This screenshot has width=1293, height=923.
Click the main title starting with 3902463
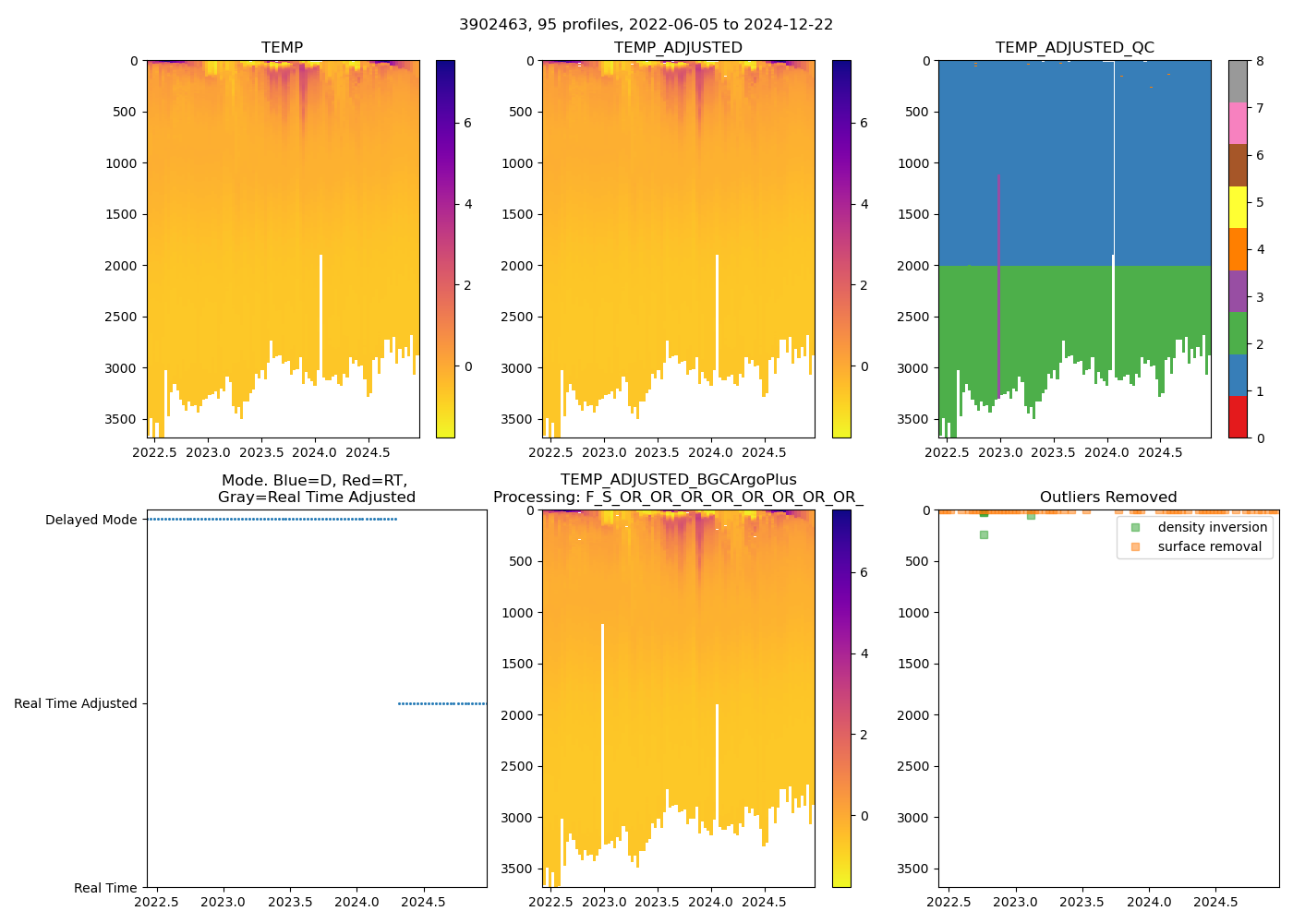coord(646,25)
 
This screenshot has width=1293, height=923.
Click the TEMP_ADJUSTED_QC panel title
coord(1074,47)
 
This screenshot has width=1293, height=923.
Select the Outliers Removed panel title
coord(1107,497)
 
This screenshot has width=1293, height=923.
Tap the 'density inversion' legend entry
coord(1212,527)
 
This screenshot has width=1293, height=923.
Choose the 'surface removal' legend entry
coord(1209,546)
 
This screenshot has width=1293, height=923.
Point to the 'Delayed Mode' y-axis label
coord(91,520)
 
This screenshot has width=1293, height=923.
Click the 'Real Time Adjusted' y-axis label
coord(75,703)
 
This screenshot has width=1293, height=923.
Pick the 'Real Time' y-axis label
coord(105,888)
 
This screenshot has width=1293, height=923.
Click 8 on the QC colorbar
coord(1260,61)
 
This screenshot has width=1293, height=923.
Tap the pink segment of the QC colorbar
coord(1238,123)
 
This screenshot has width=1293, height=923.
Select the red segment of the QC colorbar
coord(1238,417)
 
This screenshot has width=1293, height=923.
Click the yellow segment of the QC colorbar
coord(1238,207)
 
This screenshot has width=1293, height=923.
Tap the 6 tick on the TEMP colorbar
coord(467,123)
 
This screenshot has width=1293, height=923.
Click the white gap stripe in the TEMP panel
coord(320,314)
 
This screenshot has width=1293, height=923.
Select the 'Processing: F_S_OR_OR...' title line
coord(678,497)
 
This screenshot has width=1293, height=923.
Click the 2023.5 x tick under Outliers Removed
coord(1082,902)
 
